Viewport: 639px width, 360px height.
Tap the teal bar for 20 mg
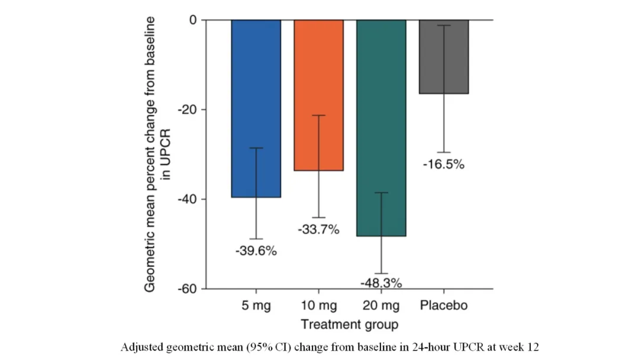click(381, 118)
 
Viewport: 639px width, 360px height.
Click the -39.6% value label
click(256, 251)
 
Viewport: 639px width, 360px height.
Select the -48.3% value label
click(382, 283)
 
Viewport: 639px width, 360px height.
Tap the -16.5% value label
click(444, 165)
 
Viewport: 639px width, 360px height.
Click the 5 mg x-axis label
click(256, 306)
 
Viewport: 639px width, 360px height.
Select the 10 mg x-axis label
click(319, 306)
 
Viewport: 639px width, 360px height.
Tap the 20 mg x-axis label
click(382, 306)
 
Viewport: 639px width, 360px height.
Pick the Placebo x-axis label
click(444, 306)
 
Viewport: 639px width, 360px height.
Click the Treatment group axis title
click(349, 324)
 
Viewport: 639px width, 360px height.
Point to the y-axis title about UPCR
click(157, 154)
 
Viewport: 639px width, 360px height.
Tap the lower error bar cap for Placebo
click(444, 153)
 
